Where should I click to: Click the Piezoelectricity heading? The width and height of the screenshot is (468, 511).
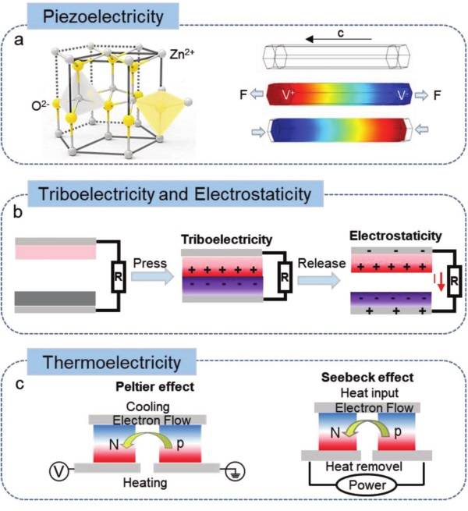(x=103, y=16)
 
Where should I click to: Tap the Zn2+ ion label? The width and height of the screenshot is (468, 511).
(x=182, y=54)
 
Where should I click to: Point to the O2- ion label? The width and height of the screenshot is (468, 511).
(x=41, y=105)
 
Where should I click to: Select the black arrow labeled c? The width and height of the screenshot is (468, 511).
(x=339, y=40)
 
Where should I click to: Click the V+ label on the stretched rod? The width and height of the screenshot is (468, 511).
(x=288, y=95)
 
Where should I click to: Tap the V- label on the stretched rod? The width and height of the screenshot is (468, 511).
(x=402, y=95)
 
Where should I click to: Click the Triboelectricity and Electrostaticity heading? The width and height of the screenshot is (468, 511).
(x=175, y=194)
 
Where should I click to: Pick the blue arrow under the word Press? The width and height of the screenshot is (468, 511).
(x=153, y=276)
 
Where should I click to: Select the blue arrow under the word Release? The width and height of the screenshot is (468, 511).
(x=319, y=280)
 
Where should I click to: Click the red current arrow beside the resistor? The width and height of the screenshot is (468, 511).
(x=441, y=282)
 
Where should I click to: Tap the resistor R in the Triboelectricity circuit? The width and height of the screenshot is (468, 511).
(x=285, y=277)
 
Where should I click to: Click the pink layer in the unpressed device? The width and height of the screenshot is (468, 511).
(x=55, y=252)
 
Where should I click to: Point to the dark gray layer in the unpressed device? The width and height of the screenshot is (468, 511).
(x=55, y=298)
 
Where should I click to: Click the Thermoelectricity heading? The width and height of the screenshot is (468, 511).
(x=112, y=363)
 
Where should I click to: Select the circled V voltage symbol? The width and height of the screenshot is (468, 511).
(x=59, y=471)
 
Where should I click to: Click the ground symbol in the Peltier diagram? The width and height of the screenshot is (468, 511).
(x=235, y=471)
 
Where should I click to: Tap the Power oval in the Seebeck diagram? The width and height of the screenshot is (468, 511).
(x=367, y=485)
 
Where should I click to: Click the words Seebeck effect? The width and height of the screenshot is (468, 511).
(x=367, y=378)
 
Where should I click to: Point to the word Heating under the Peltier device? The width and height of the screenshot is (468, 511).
(x=145, y=483)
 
